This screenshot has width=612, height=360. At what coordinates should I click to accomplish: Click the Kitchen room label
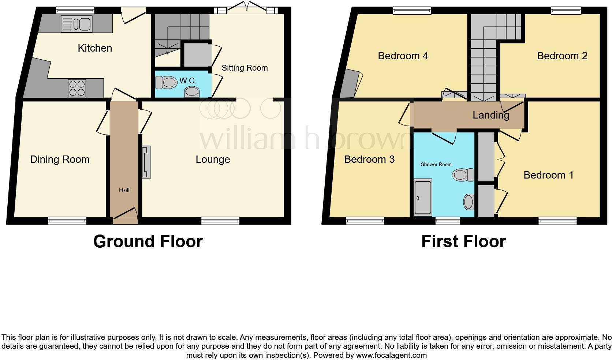click(x=95, y=48)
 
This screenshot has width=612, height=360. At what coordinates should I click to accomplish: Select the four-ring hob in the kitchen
click(x=77, y=88)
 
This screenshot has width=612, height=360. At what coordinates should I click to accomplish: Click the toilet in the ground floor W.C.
click(x=165, y=82)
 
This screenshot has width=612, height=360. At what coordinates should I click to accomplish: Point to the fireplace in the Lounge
click(x=146, y=162)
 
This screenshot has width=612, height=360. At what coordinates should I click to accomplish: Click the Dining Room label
click(x=60, y=160)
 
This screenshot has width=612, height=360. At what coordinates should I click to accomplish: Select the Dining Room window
click(x=67, y=220)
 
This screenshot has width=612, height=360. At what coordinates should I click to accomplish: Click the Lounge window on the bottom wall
click(x=220, y=220)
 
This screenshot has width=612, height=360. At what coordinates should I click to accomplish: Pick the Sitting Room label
click(x=245, y=68)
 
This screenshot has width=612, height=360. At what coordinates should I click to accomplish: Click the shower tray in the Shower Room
click(x=423, y=198)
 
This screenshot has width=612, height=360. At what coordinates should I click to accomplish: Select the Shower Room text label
click(x=436, y=165)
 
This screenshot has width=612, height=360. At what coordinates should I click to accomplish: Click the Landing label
click(x=490, y=115)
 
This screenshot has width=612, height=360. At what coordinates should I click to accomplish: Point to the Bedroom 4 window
click(x=412, y=11)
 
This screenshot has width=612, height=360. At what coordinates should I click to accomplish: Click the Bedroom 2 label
click(x=562, y=56)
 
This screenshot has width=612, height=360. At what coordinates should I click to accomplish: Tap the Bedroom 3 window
click(x=365, y=220)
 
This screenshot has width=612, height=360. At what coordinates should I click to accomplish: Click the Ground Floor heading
click(x=148, y=241)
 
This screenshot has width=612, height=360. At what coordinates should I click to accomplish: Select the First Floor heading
click(x=463, y=241)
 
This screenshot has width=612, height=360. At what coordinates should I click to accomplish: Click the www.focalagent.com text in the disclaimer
click(x=391, y=355)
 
